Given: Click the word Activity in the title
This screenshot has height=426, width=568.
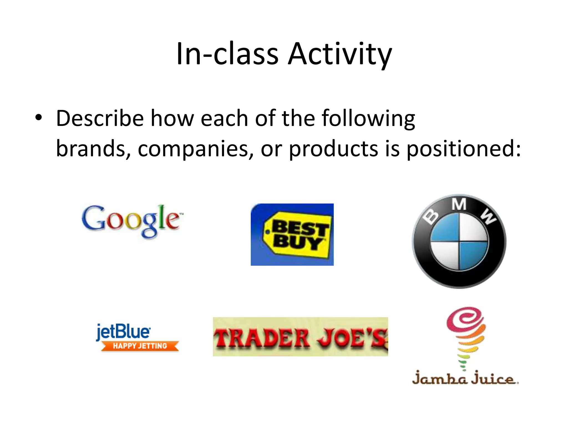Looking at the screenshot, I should (340, 54).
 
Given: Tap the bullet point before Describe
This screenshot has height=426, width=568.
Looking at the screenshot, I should (39, 118).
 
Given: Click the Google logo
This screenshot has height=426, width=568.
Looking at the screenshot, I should (132, 220).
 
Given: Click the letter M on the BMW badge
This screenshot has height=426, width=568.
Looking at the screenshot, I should (459, 205).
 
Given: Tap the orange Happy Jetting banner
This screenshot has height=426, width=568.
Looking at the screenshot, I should (140, 346).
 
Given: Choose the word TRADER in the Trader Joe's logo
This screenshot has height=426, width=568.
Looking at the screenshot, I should (262, 338).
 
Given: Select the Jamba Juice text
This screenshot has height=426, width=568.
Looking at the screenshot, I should (465, 379).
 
